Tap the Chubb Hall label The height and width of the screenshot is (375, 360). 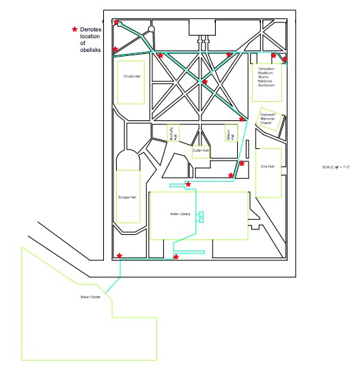click(133, 77)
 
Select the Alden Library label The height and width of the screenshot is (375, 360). click(180, 214)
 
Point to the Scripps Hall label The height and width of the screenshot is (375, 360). click(128, 197)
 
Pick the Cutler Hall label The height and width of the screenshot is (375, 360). click(200, 150)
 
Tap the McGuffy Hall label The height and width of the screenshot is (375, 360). click(174, 134)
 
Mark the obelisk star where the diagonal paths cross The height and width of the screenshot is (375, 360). click(204, 82)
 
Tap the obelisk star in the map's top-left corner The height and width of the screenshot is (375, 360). click(117, 23)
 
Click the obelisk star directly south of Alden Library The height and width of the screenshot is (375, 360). click(176, 257)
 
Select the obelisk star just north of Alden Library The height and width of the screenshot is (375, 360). click(188, 184)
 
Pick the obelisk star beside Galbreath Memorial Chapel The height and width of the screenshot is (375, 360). click(242, 120)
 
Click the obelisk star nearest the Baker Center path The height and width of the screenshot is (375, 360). click(120, 256)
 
